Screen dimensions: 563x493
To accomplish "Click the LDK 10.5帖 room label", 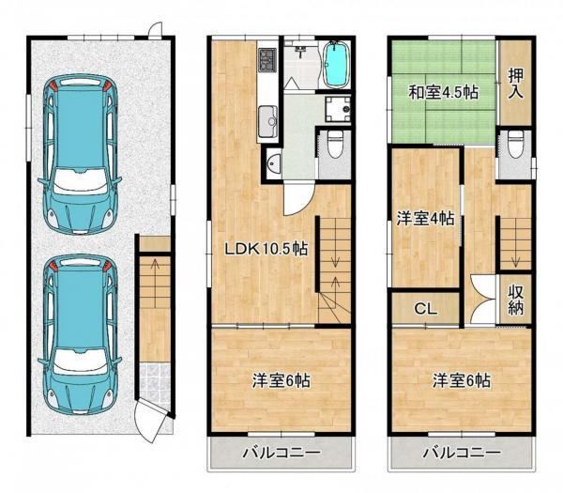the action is coord(266,248).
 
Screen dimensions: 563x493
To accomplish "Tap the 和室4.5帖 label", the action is coord(443,93).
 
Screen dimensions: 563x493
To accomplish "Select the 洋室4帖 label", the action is coord(425,219).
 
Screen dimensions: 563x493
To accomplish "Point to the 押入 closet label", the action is coord(515,84).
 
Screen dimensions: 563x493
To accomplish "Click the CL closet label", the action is coord(425,309).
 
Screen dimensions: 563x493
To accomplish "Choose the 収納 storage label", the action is coord(515,300).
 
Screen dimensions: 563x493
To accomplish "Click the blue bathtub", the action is coord(337,64).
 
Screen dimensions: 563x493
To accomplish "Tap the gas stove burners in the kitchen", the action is coord(266,60).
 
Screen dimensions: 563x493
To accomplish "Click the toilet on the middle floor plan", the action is coord(335,144).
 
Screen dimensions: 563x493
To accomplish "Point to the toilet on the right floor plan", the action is coord(515,144).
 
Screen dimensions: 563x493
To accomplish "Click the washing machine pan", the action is coord(338,109).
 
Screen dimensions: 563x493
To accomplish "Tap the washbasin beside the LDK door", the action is coord(274,165).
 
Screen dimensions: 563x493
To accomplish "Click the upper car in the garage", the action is coord(80,155).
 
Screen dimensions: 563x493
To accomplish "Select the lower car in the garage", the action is coord(80,334).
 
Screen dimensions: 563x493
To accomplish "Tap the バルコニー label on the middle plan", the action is coord(281,453).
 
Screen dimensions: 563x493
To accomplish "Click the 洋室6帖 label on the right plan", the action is coord(462,380).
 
